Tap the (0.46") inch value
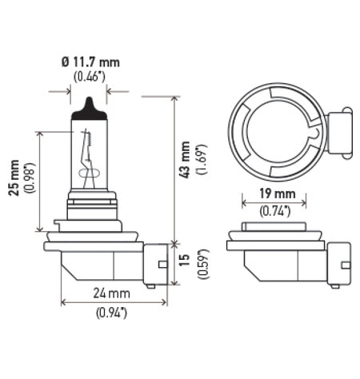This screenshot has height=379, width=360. pyautogui.click(x=89, y=78)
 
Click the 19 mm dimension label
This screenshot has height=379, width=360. pyautogui.click(x=278, y=194)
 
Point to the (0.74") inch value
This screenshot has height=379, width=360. pyautogui.click(x=278, y=210)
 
